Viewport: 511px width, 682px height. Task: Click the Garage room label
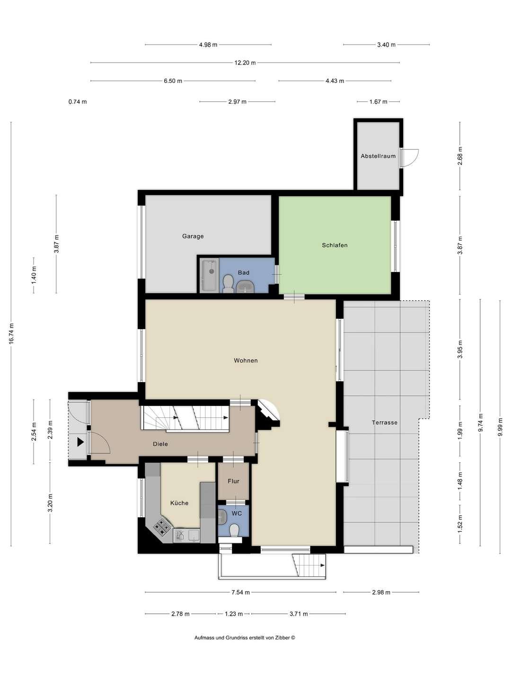tap(193, 236)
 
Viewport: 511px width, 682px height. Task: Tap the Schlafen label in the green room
tap(335, 245)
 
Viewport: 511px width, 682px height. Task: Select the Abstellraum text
tap(378, 156)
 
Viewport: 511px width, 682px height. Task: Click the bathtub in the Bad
tap(210, 275)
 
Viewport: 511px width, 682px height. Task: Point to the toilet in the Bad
tap(229, 283)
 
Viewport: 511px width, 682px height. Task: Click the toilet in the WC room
tap(234, 530)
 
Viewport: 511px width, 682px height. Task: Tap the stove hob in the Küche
tap(161, 525)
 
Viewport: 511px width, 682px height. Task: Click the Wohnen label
tap(246, 360)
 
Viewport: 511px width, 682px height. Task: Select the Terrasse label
tap(384, 422)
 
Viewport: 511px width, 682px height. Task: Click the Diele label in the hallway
tap(160, 444)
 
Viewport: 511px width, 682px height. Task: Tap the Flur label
tap(233, 481)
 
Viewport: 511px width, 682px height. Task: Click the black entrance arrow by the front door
tap(80, 442)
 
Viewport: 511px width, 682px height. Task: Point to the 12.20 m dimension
tap(245, 63)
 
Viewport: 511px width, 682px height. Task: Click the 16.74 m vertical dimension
tap(11, 333)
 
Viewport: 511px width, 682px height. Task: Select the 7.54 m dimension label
tap(240, 592)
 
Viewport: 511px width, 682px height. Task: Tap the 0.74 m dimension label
tap(78, 102)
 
